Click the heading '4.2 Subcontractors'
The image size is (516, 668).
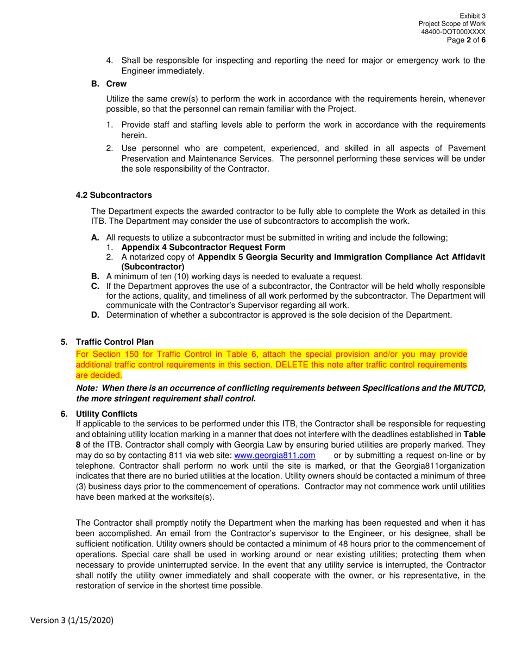tap(114, 195)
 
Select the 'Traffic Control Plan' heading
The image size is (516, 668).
tap(115, 342)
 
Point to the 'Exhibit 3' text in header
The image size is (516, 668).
tap(473, 16)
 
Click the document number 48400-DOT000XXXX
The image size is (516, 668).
tap(453, 32)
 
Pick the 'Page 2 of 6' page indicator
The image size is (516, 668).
tap(466, 40)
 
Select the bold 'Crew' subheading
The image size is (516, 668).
tap(116, 84)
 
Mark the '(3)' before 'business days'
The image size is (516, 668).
tap(81, 486)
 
